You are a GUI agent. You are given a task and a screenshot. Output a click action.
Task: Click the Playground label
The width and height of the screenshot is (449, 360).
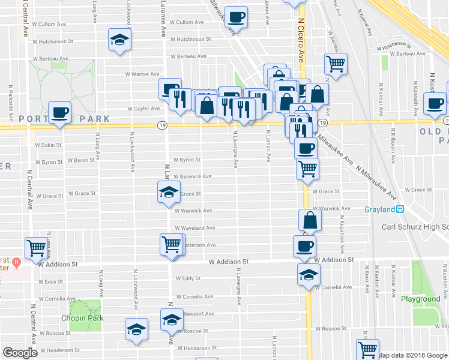point(420,299)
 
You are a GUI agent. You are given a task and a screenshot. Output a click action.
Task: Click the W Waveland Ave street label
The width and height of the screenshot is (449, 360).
point(194,228)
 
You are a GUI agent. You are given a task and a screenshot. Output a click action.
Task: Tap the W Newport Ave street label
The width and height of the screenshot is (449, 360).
point(197,314)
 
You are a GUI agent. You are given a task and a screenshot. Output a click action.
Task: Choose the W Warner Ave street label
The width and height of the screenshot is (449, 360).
point(142,74)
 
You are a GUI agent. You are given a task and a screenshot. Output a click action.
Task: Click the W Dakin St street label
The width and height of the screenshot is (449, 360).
point(49,145)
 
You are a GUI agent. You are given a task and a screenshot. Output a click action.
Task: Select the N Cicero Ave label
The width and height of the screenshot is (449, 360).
point(300,39)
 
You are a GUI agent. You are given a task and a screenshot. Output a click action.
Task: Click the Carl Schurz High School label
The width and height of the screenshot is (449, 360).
point(415,227)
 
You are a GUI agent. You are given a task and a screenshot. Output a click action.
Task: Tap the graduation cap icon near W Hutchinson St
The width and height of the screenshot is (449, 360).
point(119,41)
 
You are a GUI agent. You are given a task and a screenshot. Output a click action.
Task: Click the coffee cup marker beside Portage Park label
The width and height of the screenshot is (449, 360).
point(60,112)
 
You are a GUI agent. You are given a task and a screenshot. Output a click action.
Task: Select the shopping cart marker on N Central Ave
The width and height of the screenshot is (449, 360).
point(36,247)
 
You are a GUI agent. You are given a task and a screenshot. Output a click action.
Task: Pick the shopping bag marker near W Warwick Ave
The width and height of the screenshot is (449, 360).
point(309,220)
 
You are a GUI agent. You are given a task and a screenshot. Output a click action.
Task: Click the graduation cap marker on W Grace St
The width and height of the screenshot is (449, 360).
point(169,193)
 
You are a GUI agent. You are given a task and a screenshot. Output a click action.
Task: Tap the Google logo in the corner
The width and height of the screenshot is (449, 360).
point(20,353)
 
